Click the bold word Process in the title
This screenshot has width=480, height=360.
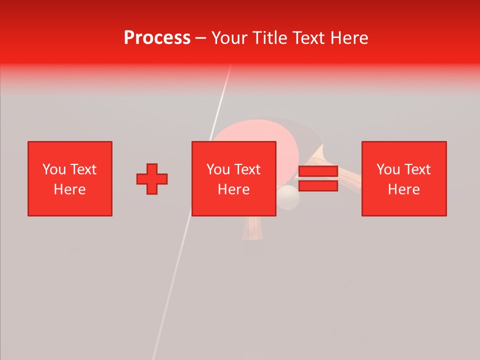pyautogui.click(x=157, y=38)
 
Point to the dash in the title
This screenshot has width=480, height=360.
pyautogui.click(x=200, y=38)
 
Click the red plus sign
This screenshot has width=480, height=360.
pyautogui.click(x=152, y=178)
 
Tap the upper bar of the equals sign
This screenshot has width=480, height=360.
pyautogui.click(x=318, y=171)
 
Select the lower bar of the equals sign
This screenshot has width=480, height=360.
pyautogui.click(x=318, y=185)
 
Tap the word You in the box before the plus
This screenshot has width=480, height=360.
pyautogui.click(x=54, y=169)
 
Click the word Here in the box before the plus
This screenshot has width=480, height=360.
pyautogui.click(x=69, y=189)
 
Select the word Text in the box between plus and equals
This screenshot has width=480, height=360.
pyautogui.click(x=248, y=169)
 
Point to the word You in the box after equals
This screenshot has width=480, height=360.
pyautogui.click(x=388, y=169)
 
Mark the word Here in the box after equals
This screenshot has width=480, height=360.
pyautogui.click(x=403, y=189)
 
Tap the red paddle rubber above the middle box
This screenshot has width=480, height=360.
pyautogui.click(x=250, y=133)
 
